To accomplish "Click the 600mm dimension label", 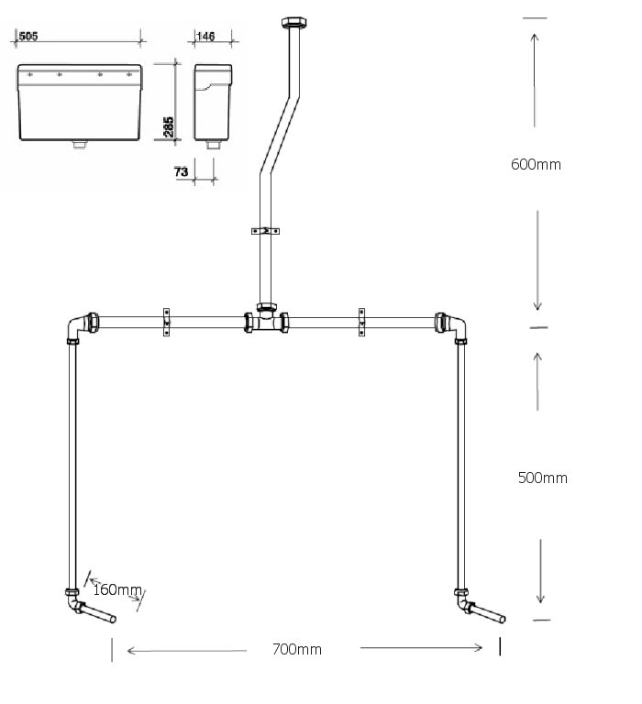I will coord(536,165).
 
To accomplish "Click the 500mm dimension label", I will coord(542,478).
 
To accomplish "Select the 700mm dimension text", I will coord(297,650).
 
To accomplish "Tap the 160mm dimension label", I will coord(116,588).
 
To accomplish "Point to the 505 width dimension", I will coord(28,37).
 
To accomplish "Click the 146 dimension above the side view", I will coord(206,37).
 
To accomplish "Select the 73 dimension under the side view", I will coord(180,171).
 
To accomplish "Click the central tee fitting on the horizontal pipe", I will coord(267,322).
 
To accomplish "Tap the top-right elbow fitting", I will coord(453,325).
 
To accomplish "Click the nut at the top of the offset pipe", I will coord(295,22).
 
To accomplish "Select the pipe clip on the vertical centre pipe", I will coord(266,232).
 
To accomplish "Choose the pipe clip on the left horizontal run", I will coord(167,323).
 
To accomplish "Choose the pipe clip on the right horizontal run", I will coord(361,323).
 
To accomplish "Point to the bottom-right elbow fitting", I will coord(461,602).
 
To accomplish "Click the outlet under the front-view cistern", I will coord(80,144).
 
